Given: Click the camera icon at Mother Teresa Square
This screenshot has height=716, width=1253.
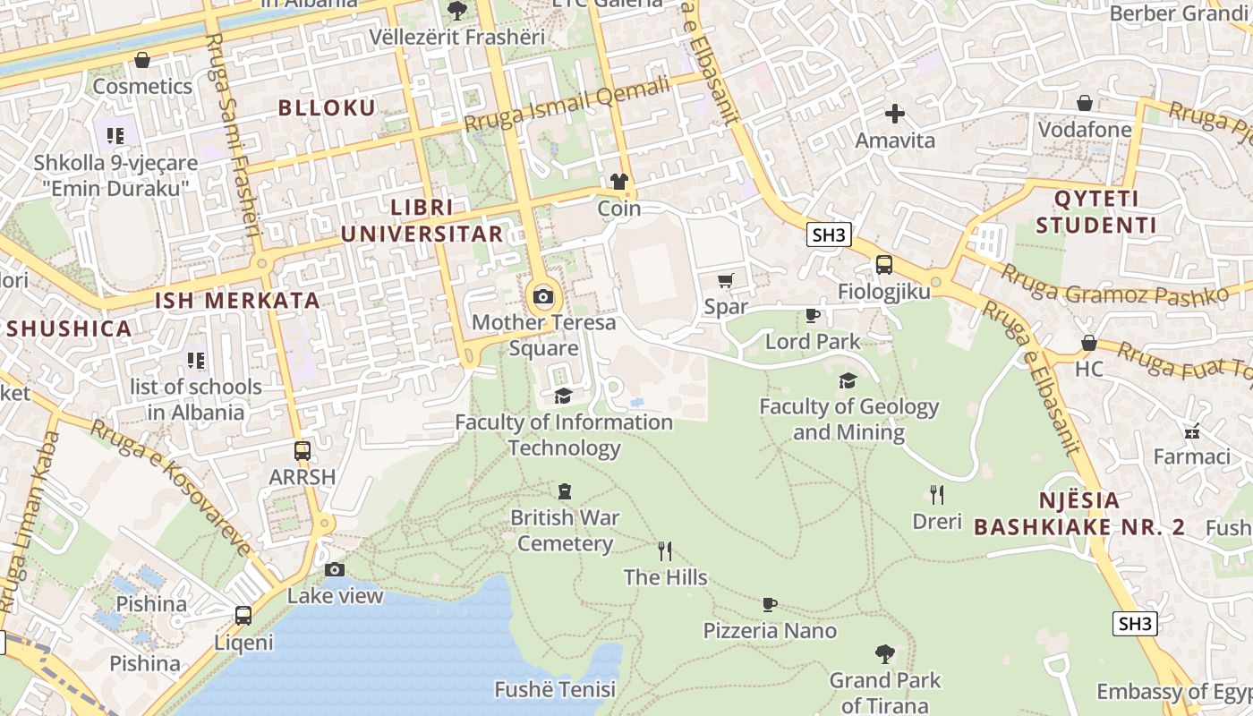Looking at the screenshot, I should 543,296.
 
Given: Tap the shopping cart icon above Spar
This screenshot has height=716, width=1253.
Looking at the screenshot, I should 726,281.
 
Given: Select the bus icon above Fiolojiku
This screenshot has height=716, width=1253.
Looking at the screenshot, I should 884,265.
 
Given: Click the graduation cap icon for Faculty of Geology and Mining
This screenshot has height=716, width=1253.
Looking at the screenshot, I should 848,381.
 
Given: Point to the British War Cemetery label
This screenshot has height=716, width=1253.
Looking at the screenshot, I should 565,530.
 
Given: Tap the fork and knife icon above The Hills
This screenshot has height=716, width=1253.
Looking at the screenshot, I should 665,551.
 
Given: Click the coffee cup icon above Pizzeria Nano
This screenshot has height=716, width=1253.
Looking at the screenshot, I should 770,605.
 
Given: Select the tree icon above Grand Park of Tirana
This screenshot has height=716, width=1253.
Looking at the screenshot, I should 885,654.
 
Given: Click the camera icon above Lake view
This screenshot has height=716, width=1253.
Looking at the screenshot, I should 335,570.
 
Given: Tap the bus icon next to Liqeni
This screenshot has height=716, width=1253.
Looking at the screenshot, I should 243,616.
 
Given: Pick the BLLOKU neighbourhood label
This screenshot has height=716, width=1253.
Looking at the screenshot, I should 327,108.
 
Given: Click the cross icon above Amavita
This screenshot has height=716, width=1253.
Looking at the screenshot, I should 895,114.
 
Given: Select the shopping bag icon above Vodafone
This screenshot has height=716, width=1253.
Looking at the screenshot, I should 1085,103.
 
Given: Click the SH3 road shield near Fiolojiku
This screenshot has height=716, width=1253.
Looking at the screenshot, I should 828,235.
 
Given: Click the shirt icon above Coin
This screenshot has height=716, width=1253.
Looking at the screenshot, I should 619,183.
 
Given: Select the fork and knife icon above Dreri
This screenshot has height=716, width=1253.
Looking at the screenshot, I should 937,495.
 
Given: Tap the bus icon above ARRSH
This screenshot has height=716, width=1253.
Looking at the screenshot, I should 303,451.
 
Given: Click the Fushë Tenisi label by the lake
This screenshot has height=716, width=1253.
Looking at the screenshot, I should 555,690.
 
